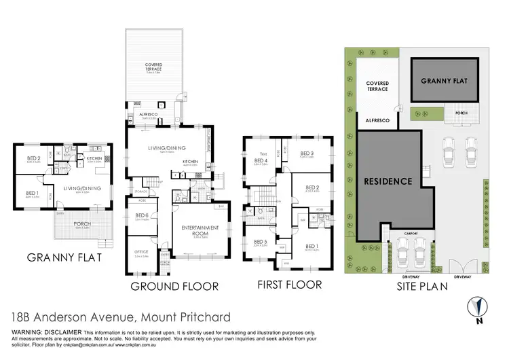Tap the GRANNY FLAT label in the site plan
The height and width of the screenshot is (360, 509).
tap(445, 80)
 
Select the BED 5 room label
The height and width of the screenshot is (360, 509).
tap(259, 242)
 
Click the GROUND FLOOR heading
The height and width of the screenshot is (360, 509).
tap(174, 286)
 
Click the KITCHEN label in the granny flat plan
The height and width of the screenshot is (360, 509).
tap(94, 158)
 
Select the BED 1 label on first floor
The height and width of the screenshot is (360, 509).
tap(312, 246)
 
